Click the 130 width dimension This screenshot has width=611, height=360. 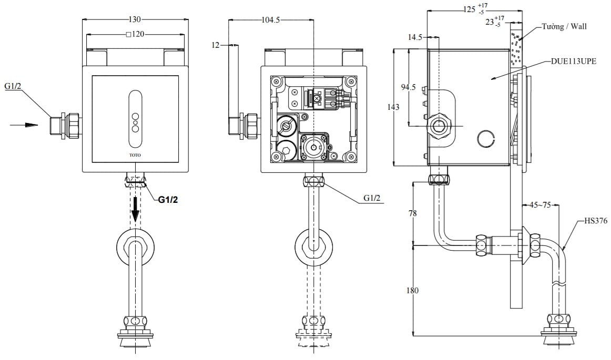[135, 19]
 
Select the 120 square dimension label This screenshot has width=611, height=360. [136, 35]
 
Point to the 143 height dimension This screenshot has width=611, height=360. [400, 107]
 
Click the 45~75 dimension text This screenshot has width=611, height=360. [540, 205]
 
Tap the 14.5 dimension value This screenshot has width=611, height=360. [415, 37]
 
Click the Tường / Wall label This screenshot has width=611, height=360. [564, 26]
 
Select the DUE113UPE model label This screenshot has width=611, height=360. [574, 61]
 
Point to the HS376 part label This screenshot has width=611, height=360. [595, 221]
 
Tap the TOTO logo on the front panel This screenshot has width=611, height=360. [135, 155]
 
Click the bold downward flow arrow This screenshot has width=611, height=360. [136, 208]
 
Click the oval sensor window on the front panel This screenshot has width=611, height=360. [135, 119]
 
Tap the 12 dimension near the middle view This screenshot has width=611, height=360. [216, 45]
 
